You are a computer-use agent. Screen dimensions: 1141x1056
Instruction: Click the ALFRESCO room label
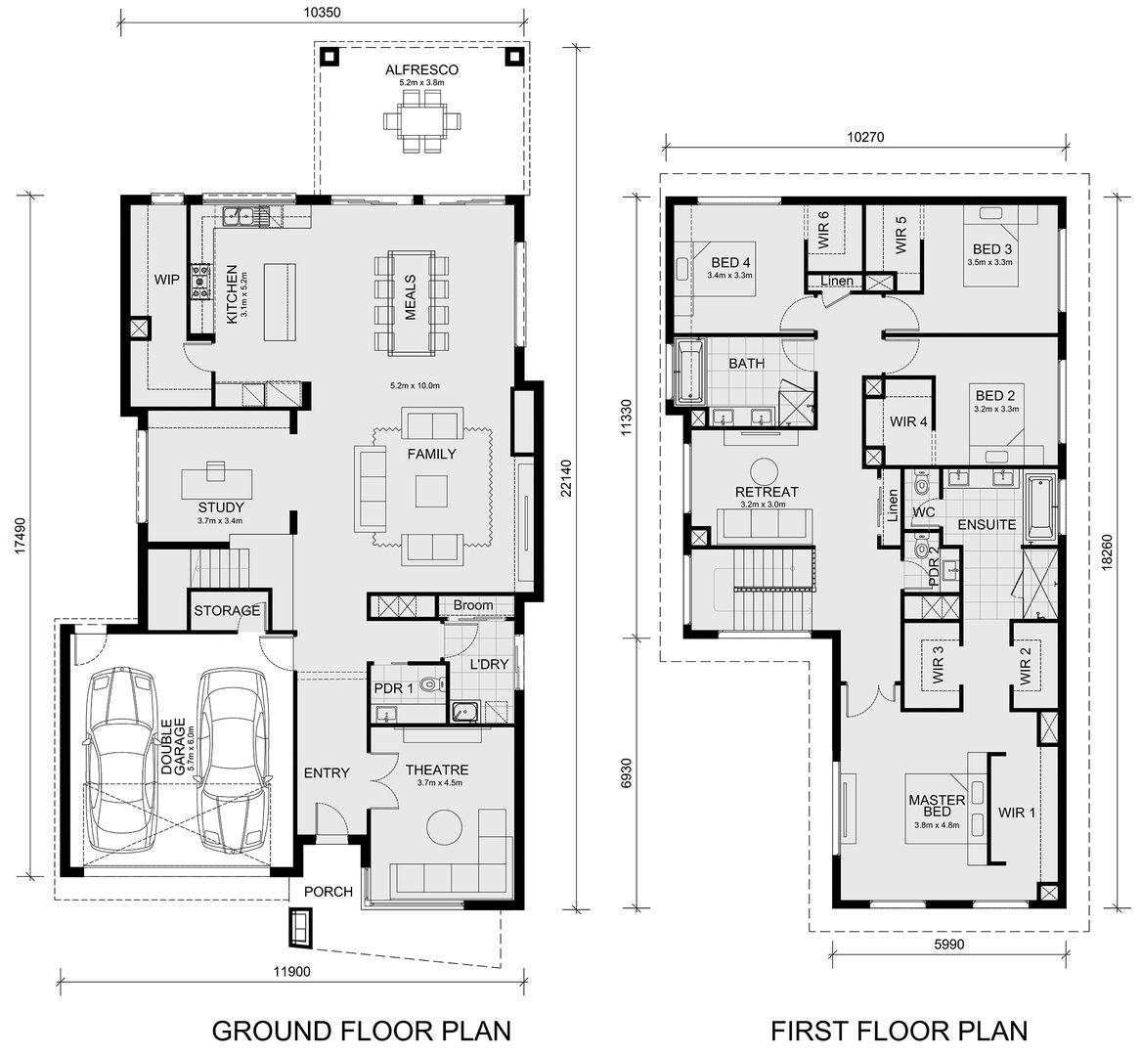point(421,69)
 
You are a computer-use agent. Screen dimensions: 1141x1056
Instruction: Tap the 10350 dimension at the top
point(321,13)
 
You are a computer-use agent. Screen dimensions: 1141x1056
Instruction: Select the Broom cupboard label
point(473,605)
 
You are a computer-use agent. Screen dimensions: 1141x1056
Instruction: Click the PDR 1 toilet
point(431,684)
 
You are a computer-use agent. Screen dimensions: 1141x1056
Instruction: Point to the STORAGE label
point(226,610)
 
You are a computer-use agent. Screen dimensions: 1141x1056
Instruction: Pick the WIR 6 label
point(823,230)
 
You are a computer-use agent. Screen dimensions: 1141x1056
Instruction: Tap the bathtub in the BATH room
point(687,372)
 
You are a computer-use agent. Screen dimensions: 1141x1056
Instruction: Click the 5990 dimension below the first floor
point(948,945)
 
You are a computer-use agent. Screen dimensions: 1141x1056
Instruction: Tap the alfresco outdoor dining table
point(421,120)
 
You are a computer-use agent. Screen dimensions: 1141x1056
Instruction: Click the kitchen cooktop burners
point(199,281)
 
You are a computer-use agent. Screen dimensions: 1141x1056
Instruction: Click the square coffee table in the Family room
point(431,491)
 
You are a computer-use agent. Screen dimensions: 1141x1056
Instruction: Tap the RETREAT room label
point(767,492)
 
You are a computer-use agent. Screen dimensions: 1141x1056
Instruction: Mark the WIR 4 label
point(908,421)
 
